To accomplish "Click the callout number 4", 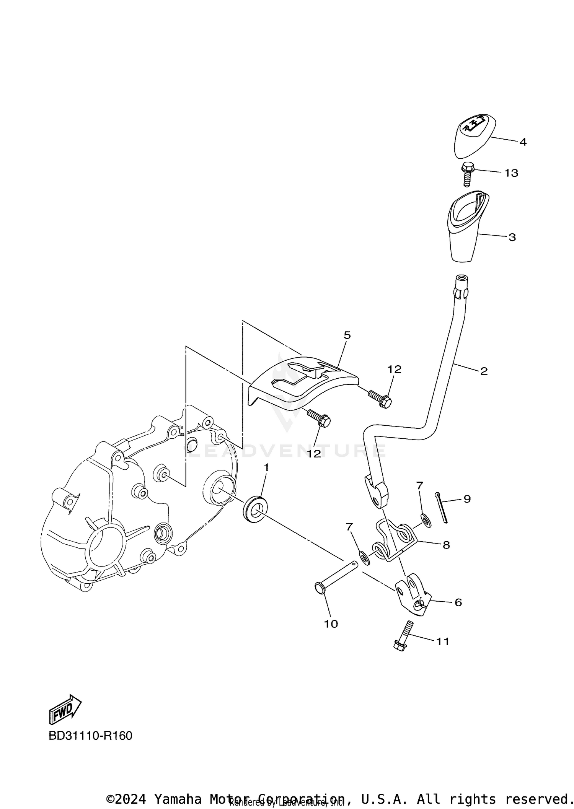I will (x=523, y=142).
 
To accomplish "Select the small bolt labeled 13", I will (x=466, y=174).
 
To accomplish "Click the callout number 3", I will (x=512, y=237).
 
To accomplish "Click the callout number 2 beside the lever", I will (x=484, y=371).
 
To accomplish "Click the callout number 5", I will (x=347, y=335).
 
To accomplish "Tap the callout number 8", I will (x=446, y=545).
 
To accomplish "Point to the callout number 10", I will (x=331, y=624).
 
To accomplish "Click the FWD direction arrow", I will (x=65, y=709).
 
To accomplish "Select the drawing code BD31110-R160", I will (x=90, y=736).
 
